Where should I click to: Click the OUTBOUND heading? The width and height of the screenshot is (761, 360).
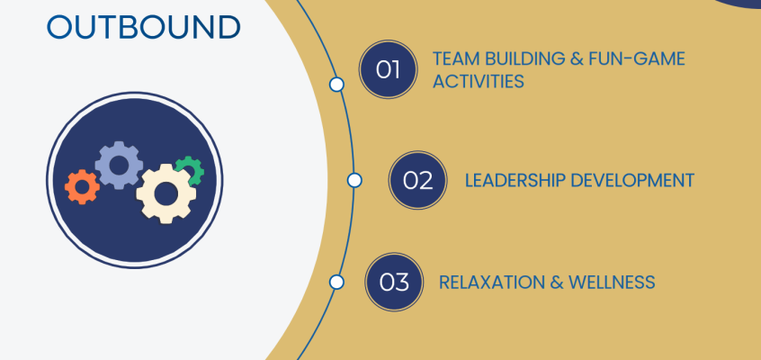click(143, 26)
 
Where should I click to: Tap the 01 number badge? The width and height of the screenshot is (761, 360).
click(388, 68)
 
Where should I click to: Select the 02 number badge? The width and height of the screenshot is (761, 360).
click(417, 179)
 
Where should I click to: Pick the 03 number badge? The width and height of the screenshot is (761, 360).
click(394, 282)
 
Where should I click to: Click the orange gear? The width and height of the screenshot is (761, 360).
click(83, 185)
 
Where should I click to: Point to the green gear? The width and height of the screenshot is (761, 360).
click(190, 169)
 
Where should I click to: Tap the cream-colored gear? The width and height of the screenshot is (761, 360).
click(166, 192)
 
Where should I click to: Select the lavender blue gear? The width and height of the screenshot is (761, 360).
click(119, 164)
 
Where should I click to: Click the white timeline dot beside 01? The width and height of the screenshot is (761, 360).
click(336, 85)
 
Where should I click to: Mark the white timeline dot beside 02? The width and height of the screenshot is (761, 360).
click(354, 180)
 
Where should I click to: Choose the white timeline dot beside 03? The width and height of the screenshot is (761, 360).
click(336, 282)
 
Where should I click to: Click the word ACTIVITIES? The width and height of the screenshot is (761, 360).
click(478, 81)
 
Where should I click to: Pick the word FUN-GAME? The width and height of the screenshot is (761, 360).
click(640, 58)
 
